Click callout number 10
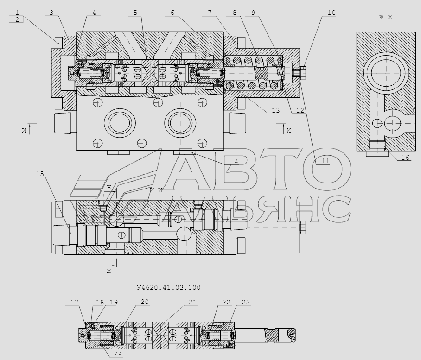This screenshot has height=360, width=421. tap(332, 13)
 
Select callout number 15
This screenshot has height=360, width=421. tap(40, 174)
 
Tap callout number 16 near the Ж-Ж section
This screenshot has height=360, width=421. tap(405, 158)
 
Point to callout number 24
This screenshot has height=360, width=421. tap(118, 354)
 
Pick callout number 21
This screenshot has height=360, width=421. tap(192, 302)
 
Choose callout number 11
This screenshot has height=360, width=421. tap(325, 161)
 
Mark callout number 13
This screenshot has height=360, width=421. tap(276, 110)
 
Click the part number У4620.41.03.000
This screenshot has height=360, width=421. tap(169, 288)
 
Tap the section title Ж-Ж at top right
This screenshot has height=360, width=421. tap(386, 17)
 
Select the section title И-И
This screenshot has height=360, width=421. tap(157, 191)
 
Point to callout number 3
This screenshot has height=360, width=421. tap(51, 13)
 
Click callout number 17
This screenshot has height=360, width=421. tap(74, 302)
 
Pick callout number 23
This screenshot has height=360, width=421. tap(246, 302)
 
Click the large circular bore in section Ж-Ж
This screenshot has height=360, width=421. tap(386, 73)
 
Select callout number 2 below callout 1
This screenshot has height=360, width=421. tap(17, 19)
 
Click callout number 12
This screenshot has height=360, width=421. tap(300, 110)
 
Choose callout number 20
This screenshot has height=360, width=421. tap(145, 302)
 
